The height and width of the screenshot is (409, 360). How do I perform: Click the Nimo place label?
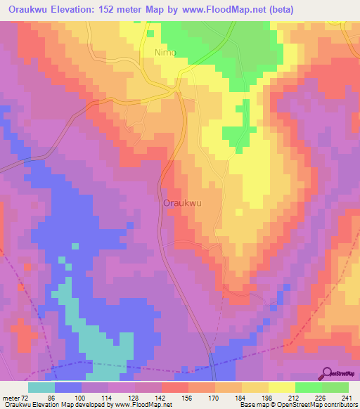point(165,53)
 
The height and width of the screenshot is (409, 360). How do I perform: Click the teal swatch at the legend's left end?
point(41,387)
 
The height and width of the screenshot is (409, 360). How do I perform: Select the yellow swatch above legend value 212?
point(282,387)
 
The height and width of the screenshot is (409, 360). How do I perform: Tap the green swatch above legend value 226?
point(309,387)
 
